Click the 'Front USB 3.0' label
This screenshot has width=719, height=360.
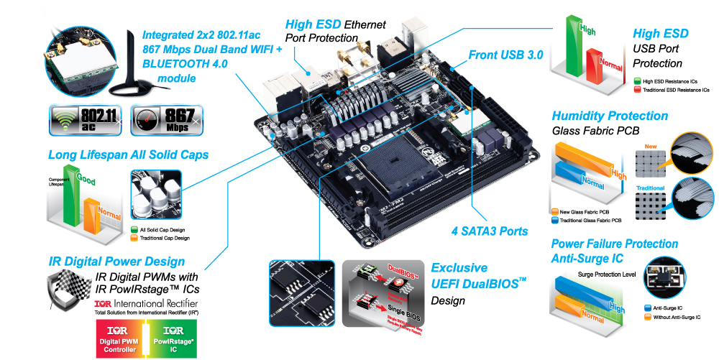coord(505,55)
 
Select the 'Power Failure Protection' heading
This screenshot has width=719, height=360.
coord(614,244)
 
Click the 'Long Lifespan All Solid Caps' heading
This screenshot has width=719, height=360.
coord(128,154)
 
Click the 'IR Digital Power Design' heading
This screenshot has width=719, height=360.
coord(116,262)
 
